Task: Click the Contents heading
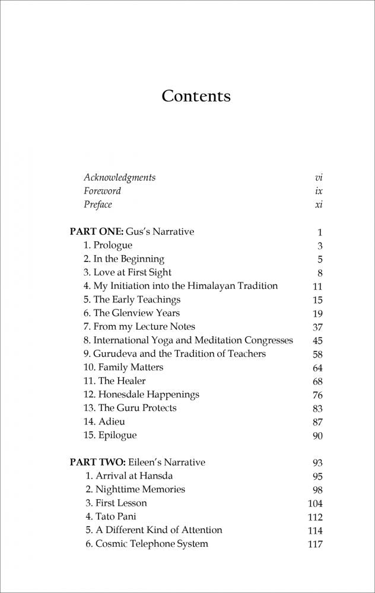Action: [196, 96]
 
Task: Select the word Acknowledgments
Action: [119, 177]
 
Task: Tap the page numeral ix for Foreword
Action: [319, 191]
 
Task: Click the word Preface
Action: [97, 205]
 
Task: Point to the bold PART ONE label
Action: [96, 232]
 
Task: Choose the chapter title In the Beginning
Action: [129, 259]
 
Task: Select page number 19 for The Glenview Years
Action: [317, 314]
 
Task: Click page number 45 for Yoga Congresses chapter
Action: [317, 340]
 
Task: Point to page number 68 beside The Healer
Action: [317, 381]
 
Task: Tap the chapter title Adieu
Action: [112, 422]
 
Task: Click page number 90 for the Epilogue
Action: [317, 436]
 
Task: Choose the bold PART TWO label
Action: [97, 462]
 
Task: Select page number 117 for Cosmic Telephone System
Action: [314, 544]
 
